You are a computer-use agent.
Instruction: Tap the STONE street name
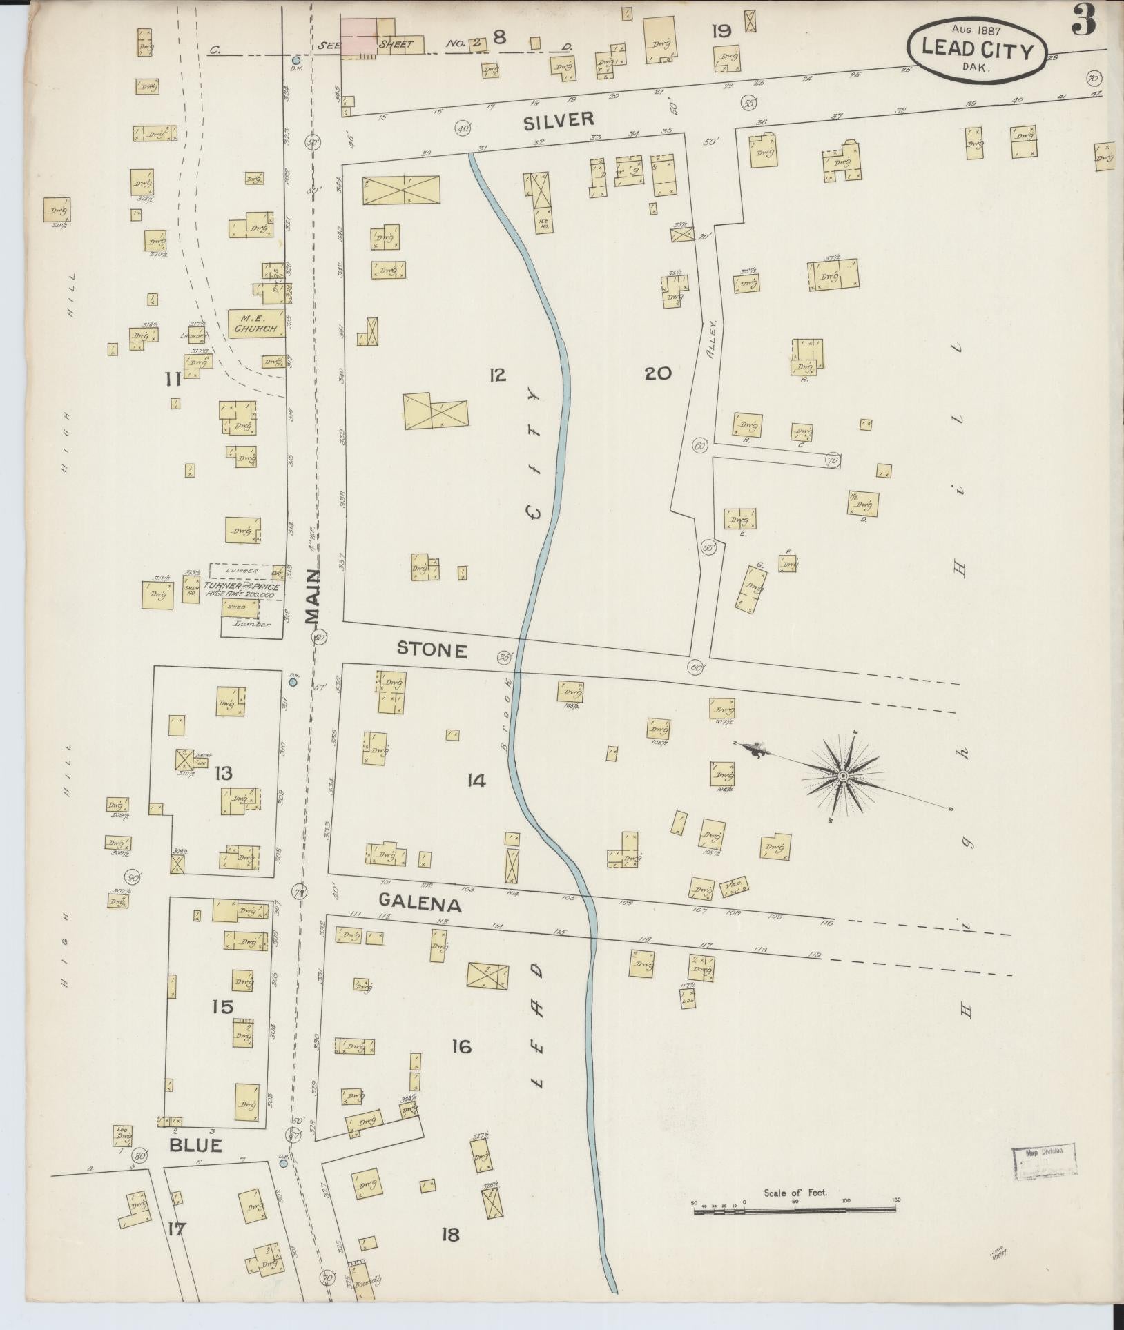[x=433, y=649]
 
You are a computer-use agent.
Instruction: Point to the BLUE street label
[x=196, y=1146]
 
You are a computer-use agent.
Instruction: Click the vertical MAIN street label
[x=313, y=598]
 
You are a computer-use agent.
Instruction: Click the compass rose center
[x=842, y=777]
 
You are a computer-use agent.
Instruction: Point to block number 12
[x=497, y=375]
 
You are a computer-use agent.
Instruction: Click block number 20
[x=657, y=374]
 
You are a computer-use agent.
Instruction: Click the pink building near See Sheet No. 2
[x=358, y=35]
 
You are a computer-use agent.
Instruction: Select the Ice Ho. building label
[x=542, y=224]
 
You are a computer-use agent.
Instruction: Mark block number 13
[x=224, y=772]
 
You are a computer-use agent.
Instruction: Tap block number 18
[x=450, y=1234]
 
